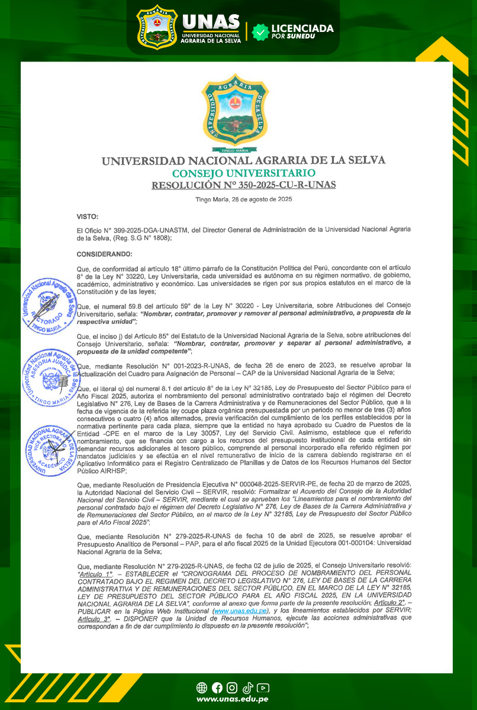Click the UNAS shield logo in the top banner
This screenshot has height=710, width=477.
(157, 27)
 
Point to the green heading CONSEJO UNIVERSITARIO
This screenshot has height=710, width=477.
(243, 173)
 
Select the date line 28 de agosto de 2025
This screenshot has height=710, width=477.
(243, 199)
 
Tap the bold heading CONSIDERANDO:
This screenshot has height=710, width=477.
(104, 254)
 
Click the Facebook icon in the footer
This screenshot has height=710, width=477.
(217, 688)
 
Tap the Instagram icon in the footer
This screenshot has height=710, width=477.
(232, 688)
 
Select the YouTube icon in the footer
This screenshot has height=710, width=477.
(263, 688)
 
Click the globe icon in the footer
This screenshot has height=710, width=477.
(201, 688)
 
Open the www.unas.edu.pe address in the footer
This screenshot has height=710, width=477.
(233, 700)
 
